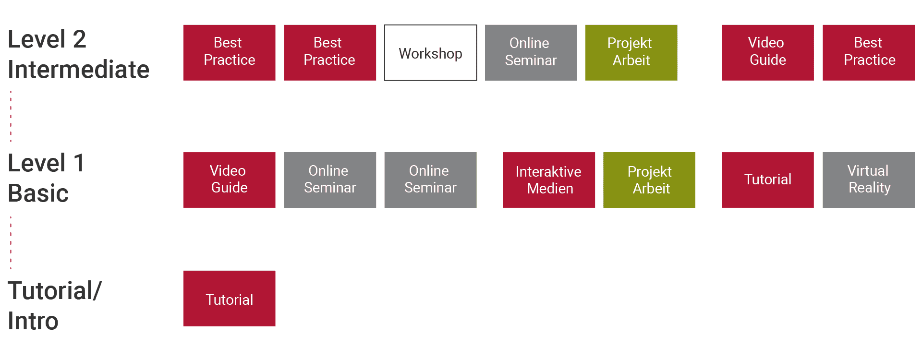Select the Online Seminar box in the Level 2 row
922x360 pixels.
(x=531, y=53)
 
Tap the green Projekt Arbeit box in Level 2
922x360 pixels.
(x=631, y=53)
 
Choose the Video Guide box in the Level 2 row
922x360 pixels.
(x=767, y=53)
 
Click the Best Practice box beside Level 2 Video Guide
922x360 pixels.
(x=868, y=53)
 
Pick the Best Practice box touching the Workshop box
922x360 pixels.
(x=330, y=53)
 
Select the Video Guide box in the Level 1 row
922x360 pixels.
(x=229, y=180)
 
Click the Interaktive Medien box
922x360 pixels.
(x=548, y=180)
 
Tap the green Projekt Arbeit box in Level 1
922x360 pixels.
(x=649, y=180)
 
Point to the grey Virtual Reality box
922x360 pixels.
(x=868, y=180)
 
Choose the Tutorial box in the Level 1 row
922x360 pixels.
(x=767, y=180)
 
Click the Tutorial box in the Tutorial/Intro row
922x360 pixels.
(x=229, y=299)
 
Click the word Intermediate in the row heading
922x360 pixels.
(x=79, y=70)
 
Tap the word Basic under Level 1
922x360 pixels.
(x=38, y=193)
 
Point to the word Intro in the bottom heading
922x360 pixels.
(x=33, y=321)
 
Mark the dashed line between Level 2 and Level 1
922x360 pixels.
(x=11, y=116)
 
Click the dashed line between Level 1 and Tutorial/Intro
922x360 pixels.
(x=11, y=243)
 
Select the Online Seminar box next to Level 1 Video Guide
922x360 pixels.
(x=330, y=180)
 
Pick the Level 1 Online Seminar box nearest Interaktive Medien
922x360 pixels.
(x=430, y=180)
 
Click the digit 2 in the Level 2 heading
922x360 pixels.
(x=79, y=39)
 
